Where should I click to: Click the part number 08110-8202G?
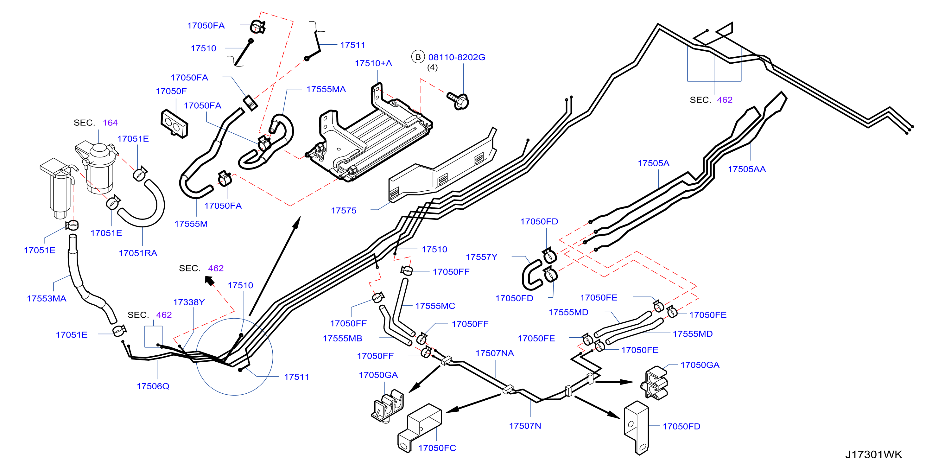(457, 57)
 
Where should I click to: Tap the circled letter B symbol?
(418, 57)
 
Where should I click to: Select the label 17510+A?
(373, 63)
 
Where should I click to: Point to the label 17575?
(343, 210)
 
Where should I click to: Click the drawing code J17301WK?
(873, 454)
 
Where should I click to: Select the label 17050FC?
(437, 448)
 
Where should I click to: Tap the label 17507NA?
(494, 353)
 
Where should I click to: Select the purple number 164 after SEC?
(110, 122)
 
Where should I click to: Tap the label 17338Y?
(189, 302)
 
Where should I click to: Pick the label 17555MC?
(435, 306)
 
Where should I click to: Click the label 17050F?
(171, 91)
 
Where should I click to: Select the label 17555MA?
(326, 89)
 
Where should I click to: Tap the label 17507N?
(525, 426)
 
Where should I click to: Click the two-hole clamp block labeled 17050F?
(174, 124)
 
